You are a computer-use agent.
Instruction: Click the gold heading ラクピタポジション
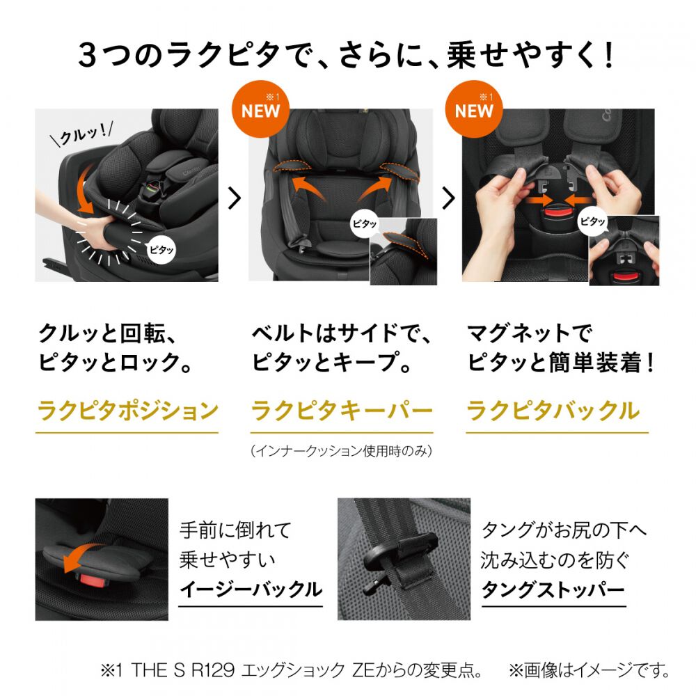click(x=127, y=411)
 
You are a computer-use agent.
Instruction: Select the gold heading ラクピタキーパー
click(x=341, y=411)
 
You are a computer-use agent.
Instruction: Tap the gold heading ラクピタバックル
click(x=553, y=411)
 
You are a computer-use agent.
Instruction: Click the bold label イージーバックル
click(x=251, y=590)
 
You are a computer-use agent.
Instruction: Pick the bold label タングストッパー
click(x=553, y=590)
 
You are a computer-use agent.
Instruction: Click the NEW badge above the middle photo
click(x=261, y=109)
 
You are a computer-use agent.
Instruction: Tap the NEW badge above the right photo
click(x=475, y=109)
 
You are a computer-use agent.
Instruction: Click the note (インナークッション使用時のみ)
click(x=341, y=451)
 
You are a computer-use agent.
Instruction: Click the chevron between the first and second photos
click(x=235, y=198)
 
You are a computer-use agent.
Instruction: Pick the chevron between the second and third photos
click(x=448, y=198)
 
